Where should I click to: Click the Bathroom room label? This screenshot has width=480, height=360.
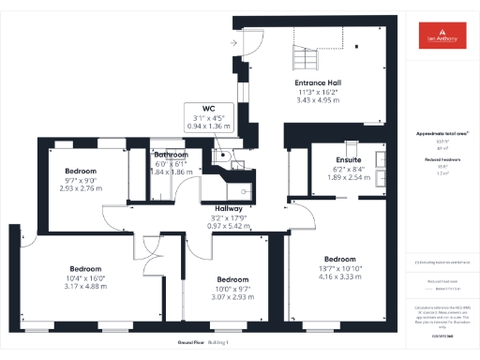(172, 155)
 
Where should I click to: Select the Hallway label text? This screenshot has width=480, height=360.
(230, 208)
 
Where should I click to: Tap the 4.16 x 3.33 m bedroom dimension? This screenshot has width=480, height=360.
(339, 277)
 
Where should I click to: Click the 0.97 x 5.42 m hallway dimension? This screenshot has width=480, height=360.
(230, 226)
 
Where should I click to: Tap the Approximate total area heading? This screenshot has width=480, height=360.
(441, 135)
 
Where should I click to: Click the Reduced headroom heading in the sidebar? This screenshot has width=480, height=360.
(441, 159)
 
